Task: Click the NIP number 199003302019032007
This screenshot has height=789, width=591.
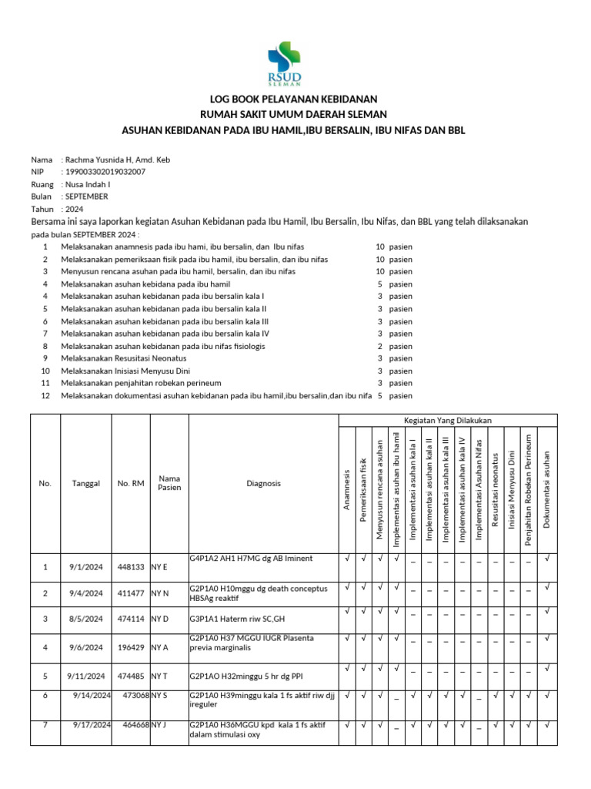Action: pyautogui.click(x=103, y=172)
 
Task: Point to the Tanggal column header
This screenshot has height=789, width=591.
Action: pyautogui.click(x=86, y=484)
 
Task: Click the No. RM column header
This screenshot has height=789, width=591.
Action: pyautogui.click(x=131, y=484)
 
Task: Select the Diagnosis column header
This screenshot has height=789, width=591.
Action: pyautogui.click(x=264, y=484)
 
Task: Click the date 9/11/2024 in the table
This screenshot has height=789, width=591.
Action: pyautogui.click(x=86, y=677)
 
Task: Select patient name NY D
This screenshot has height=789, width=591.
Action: pyautogui.click(x=160, y=619)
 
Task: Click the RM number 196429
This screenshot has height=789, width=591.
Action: pyautogui.click(x=131, y=647)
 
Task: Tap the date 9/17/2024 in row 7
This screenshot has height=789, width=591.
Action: pyautogui.click(x=92, y=725)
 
